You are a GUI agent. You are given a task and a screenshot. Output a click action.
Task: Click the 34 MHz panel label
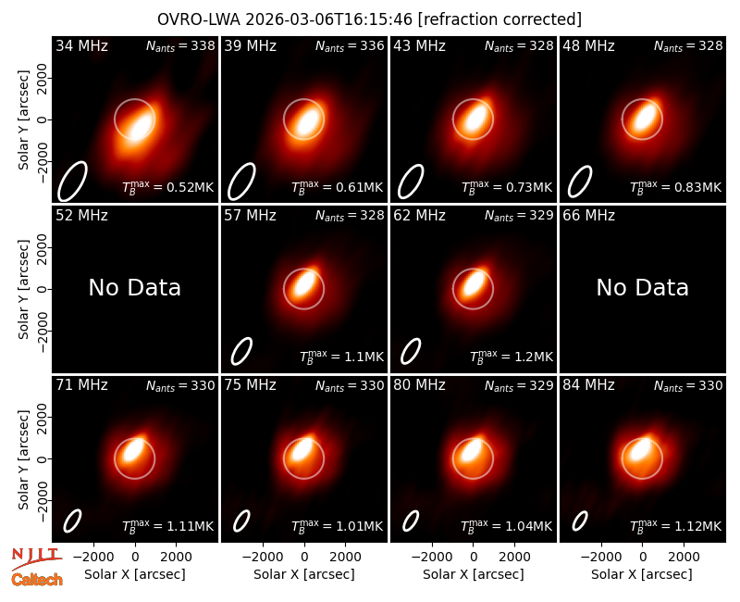81,45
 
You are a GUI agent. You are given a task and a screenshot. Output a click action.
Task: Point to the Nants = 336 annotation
350,45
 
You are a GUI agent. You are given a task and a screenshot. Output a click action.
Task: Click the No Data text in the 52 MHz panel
135,288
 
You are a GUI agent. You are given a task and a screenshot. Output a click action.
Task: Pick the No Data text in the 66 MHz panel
642,288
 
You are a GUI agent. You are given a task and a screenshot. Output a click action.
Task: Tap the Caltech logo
37,580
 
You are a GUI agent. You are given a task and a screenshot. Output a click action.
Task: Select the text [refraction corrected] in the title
499,19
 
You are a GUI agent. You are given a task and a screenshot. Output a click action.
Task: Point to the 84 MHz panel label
588,385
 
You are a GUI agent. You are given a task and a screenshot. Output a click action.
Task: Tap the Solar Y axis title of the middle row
23,289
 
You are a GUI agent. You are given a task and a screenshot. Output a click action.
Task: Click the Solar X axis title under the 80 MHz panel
474,574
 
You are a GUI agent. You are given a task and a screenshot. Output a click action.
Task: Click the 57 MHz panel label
250,216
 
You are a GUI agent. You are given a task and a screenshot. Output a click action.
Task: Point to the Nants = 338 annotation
180,45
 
